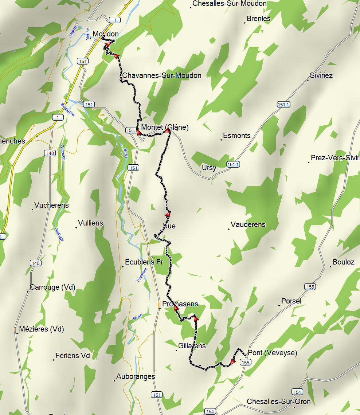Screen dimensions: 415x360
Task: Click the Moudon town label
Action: coord(105,34)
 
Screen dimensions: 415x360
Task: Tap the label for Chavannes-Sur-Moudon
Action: coord(161,75)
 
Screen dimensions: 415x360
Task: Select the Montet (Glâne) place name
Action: coord(165,127)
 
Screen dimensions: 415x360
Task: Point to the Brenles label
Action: coord(259,19)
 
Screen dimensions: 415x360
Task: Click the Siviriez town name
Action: coord(321,75)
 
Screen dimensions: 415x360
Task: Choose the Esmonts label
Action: coord(237,136)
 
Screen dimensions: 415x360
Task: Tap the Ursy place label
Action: coord(209,168)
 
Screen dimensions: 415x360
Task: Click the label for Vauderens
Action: coord(248,224)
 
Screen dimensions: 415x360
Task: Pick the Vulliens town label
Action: coord(91,223)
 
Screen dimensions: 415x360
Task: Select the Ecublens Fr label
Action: coord(144,262)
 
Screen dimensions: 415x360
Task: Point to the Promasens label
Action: coord(180,304)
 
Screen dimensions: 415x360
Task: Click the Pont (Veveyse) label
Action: coord(272,353)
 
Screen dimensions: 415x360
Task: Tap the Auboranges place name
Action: coord(136,376)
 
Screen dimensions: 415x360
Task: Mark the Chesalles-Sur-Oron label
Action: coord(279,402)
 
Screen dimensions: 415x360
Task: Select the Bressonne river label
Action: coord(67,109)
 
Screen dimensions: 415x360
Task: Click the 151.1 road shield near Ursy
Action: coord(233,165)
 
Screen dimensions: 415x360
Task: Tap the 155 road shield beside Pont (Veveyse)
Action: coord(246,363)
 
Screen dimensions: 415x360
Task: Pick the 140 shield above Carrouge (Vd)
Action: coord(35,263)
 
